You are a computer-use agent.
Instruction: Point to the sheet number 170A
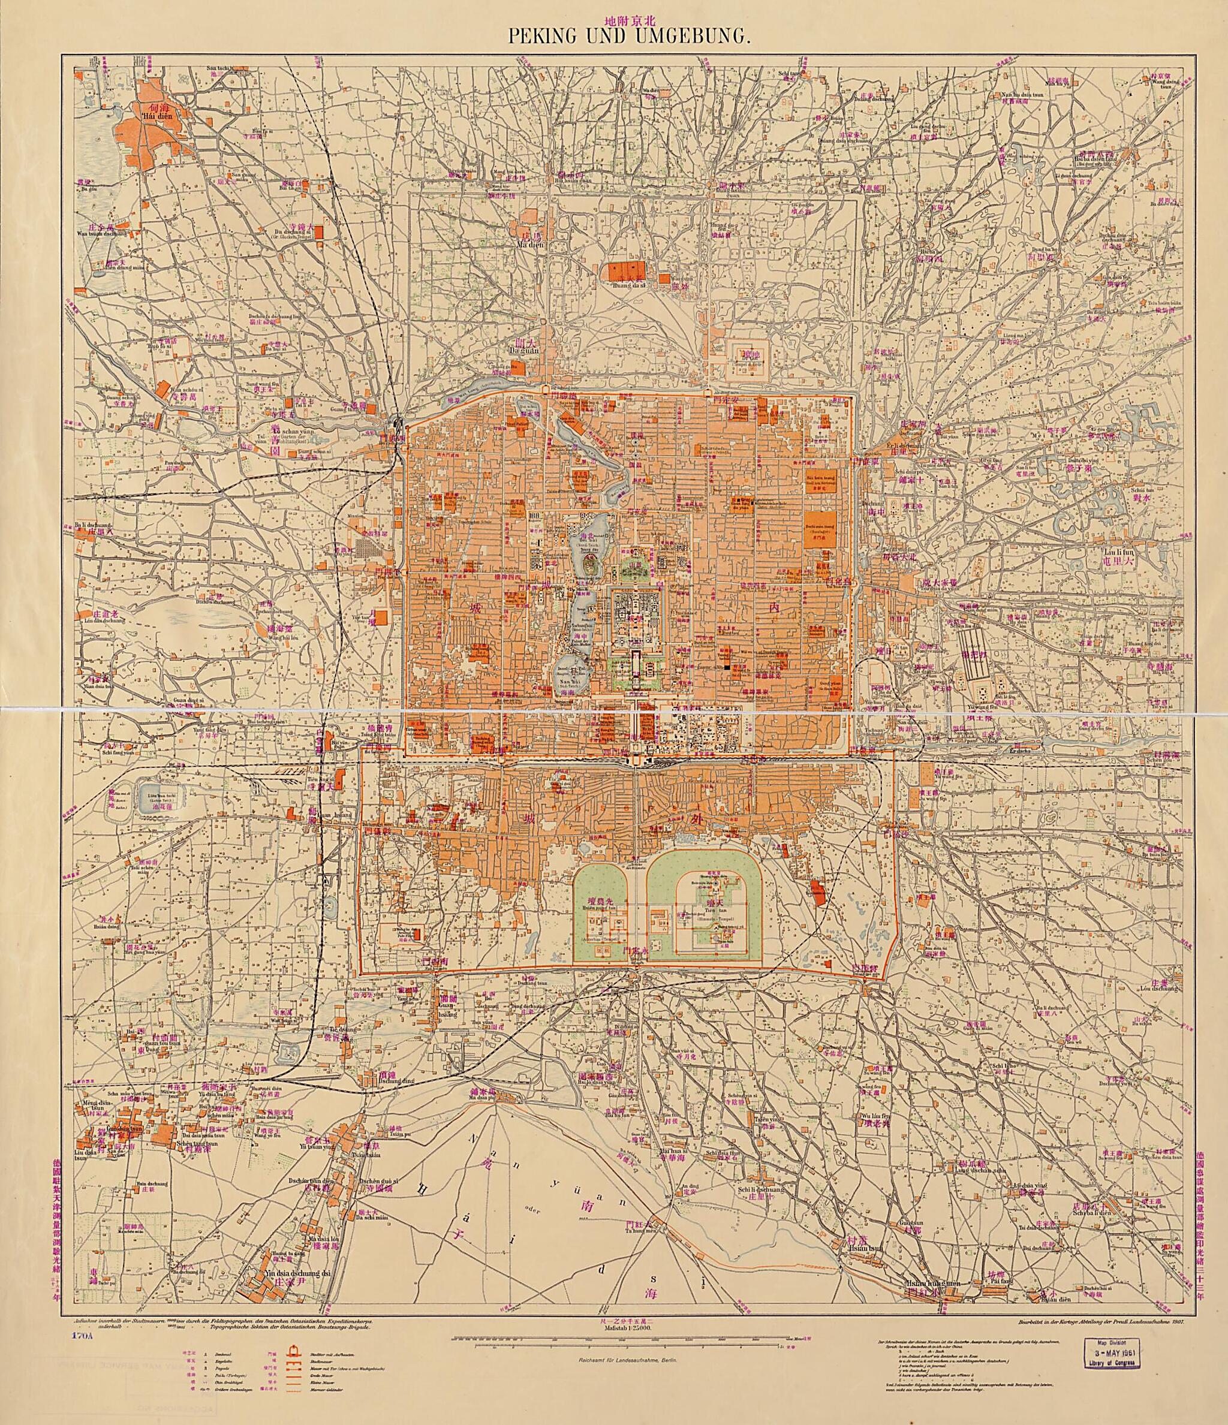(78, 1337)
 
